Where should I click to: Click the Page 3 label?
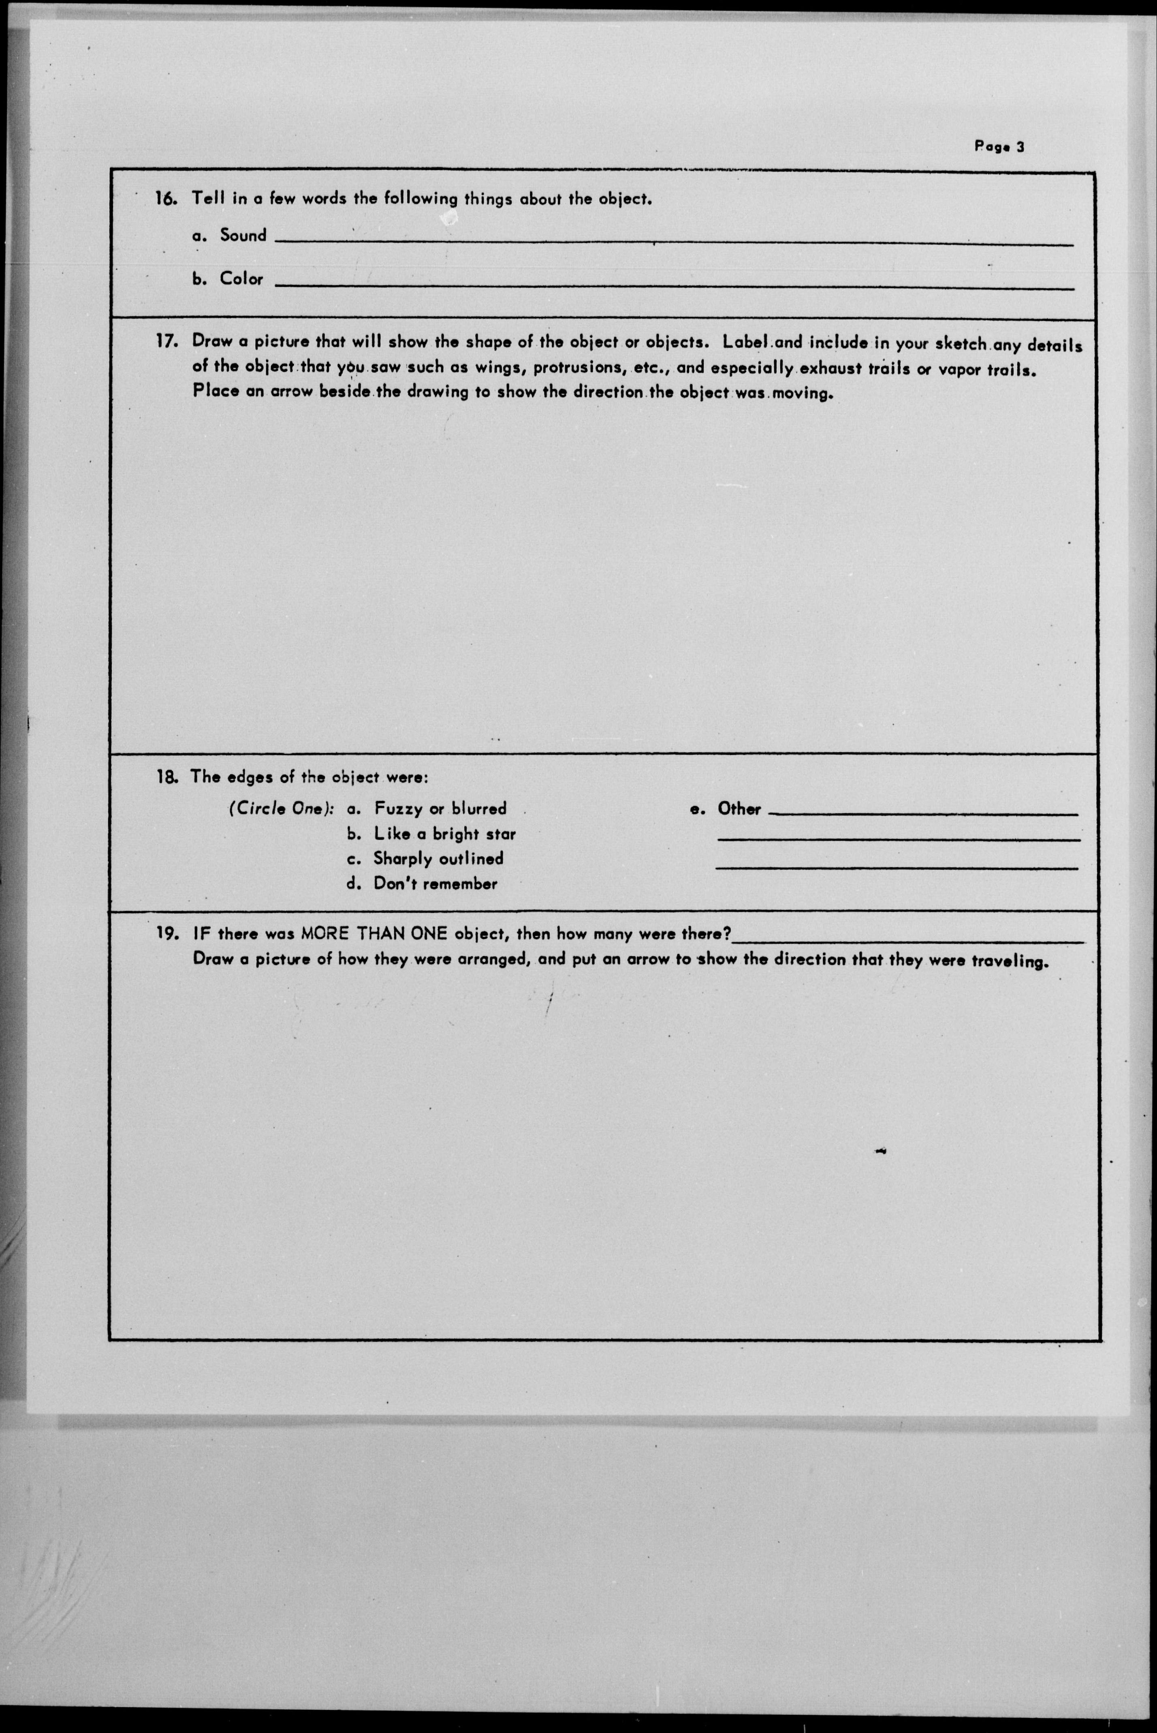click(x=999, y=146)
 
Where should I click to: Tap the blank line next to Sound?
click(x=673, y=242)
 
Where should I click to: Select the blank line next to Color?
click(x=673, y=287)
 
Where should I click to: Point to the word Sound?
click(x=243, y=235)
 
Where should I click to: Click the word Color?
click(x=241, y=279)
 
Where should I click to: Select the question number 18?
click(x=166, y=777)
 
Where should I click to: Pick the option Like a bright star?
click(x=444, y=834)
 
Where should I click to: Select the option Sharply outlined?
click(x=438, y=858)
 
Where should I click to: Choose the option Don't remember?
click(x=435, y=884)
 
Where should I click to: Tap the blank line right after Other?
click(x=922, y=813)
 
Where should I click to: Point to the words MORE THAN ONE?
click(x=374, y=934)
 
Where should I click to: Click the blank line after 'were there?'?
click(x=907, y=941)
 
